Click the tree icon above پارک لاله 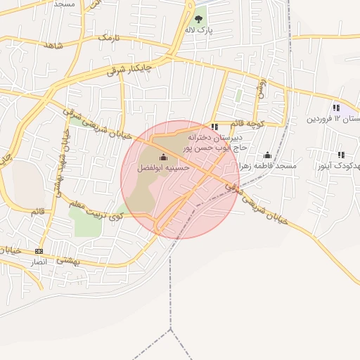pos(199,20)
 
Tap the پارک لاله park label pos(199,32)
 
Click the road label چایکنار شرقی pos(134,66)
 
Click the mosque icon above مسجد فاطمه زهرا pos(267,155)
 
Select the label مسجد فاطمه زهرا pos(269,166)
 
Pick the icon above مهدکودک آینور pos(341,155)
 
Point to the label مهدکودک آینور pos(336,166)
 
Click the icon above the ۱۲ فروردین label pos(336,108)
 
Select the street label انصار pos(39,262)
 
